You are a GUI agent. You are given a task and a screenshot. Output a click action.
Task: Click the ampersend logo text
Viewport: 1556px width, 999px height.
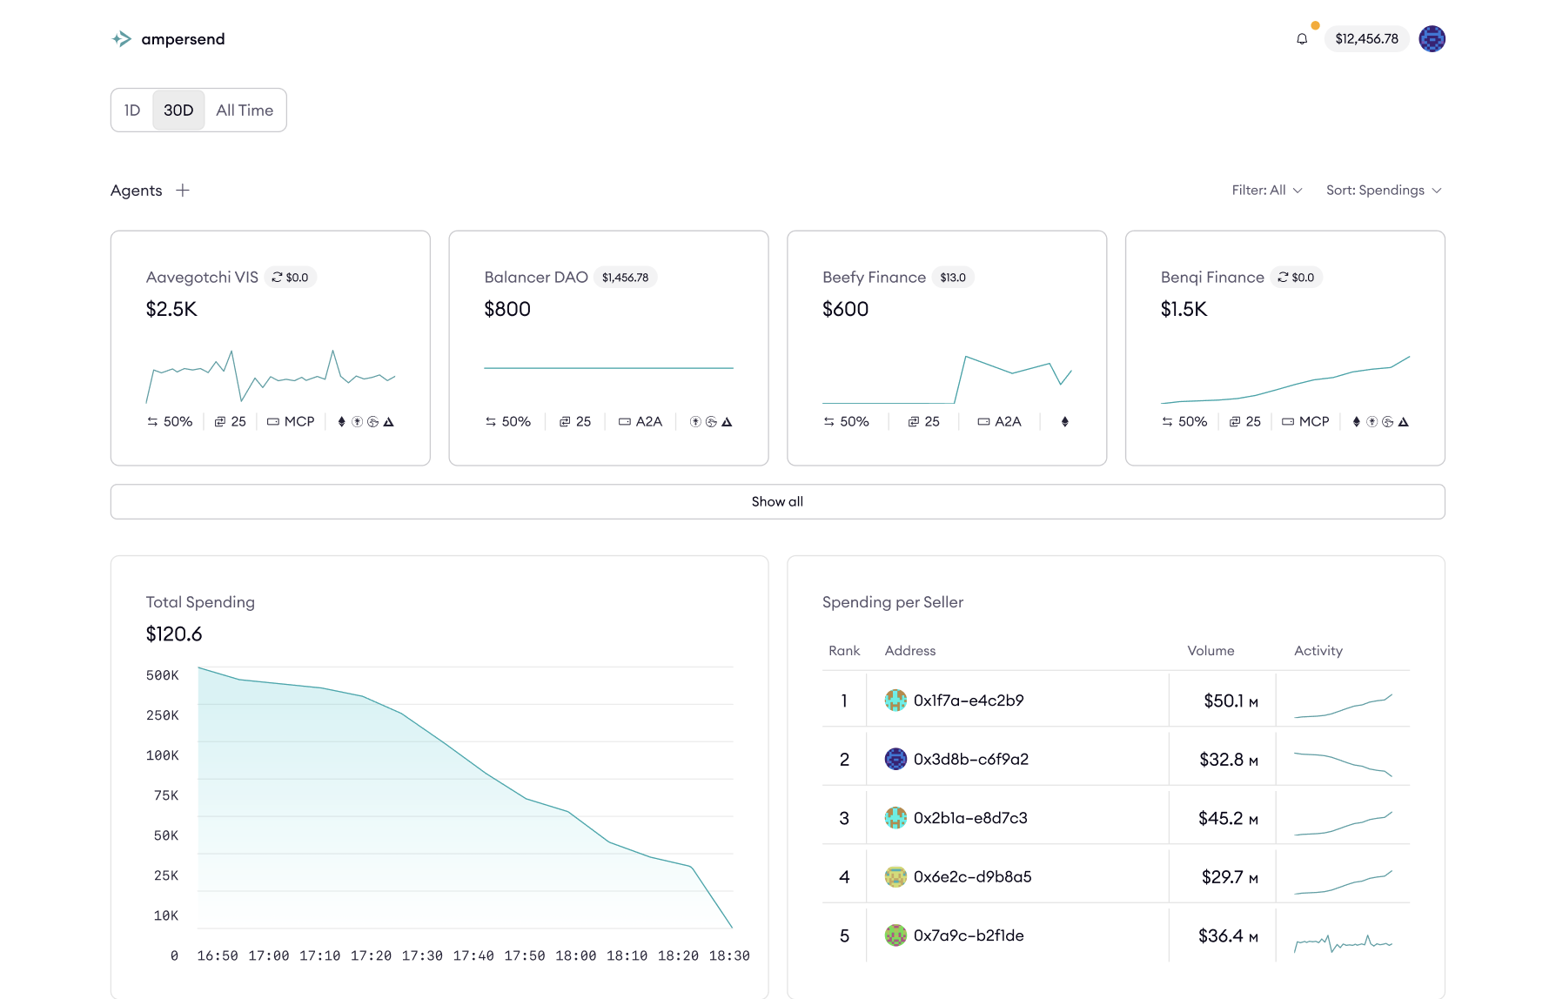(x=183, y=39)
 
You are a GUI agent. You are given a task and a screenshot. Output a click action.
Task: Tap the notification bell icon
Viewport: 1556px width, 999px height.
(x=1302, y=39)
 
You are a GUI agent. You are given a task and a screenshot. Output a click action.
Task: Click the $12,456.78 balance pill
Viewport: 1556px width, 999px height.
(x=1366, y=39)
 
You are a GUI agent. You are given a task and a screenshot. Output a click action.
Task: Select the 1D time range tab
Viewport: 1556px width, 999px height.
(x=132, y=111)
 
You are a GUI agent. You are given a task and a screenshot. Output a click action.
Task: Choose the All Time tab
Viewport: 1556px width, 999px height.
(x=245, y=111)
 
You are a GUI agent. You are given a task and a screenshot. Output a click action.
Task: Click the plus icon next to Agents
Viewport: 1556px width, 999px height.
(x=183, y=191)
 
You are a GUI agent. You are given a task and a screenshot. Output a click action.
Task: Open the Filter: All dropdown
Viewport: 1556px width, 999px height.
(x=1266, y=191)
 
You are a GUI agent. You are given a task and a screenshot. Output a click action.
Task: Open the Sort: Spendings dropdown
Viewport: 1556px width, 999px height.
(x=1383, y=191)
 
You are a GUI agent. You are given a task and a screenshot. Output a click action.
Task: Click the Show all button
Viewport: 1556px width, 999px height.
(x=777, y=502)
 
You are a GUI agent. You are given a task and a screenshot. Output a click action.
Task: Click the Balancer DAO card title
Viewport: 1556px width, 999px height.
(x=536, y=278)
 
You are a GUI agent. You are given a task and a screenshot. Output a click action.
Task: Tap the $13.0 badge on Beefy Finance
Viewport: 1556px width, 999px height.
(x=953, y=278)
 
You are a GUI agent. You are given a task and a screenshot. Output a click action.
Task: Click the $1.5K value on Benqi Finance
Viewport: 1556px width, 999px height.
(x=1184, y=309)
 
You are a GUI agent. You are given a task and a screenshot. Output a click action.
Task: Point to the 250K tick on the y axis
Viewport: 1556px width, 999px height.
(x=163, y=715)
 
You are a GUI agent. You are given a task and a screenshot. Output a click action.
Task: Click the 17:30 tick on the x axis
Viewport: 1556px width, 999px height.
(x=422, y=955)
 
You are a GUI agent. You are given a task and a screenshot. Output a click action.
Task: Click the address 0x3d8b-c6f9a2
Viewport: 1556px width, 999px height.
(x=970, y=760)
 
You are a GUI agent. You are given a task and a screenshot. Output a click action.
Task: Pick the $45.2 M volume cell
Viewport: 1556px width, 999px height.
(x=1227, y=819)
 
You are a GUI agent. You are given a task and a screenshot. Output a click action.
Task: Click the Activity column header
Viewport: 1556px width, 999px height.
(x=1318, y=651)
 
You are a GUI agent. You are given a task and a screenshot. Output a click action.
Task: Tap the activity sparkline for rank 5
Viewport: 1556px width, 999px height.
(x=1343, y=942)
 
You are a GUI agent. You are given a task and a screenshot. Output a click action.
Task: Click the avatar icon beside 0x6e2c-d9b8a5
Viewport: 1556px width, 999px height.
(x=895, y=877)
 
